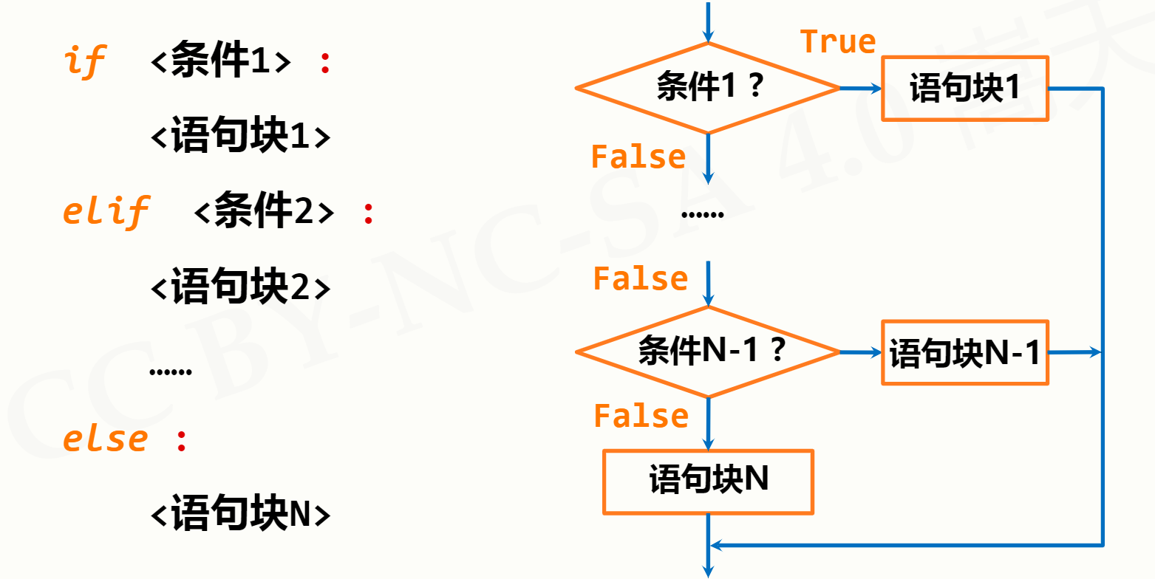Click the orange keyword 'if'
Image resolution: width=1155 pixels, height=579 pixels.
point(85,61)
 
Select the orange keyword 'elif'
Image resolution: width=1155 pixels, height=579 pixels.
point(106,211)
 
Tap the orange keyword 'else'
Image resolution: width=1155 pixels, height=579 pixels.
point(105,440)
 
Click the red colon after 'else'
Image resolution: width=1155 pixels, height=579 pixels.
point(182,442)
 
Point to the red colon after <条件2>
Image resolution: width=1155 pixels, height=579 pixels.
point(368,213)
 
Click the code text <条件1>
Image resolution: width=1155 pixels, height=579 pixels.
point(221,61)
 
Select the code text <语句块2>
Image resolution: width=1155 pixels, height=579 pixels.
point(240,286)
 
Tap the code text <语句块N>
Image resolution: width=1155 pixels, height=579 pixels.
point(240,513)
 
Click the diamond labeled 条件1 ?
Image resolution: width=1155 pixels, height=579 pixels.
point(708,88)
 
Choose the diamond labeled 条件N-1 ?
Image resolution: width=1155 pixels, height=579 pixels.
point(708,352)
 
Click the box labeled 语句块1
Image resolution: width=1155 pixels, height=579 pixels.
point(965,89)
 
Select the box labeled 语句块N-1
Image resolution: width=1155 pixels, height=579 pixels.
point(965,352)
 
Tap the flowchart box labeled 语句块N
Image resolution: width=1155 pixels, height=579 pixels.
point(709,482)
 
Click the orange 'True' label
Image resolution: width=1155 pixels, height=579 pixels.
point(838,41)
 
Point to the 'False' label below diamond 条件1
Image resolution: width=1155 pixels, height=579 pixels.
point(638,157)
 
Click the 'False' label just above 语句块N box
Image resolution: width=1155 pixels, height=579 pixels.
point(641,416)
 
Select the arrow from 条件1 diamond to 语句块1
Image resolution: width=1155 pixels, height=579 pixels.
point(861,89)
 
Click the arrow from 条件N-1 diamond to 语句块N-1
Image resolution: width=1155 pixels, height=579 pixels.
point(861,352)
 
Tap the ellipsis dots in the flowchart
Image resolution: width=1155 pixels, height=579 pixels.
point(702,214)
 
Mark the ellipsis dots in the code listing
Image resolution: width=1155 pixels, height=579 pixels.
point(170,372)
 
